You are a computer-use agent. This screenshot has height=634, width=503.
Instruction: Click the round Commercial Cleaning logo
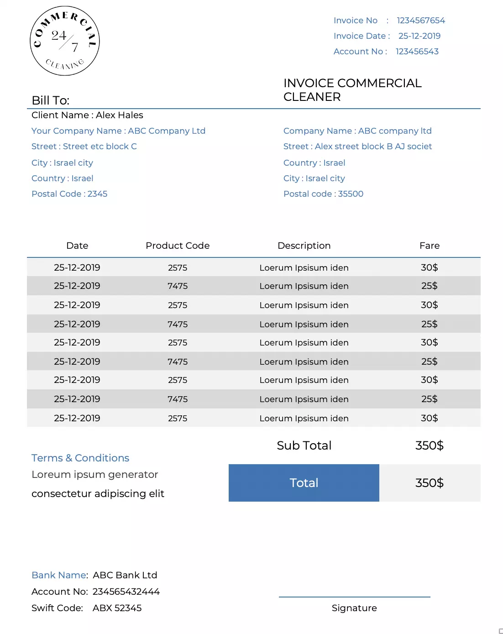(x=65, y=41)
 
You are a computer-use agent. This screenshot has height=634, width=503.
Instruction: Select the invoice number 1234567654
(x=420, y=21)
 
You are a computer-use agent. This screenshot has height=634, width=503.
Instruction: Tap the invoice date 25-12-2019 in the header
(x=419, y=36)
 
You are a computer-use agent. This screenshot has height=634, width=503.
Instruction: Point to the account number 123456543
(x=417, y=52)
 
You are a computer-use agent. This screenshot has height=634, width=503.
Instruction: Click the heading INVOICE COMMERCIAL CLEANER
(x=352, y=90)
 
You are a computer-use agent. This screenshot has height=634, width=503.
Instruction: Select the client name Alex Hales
(x=119, y=115)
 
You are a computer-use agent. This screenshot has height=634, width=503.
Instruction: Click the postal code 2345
(x=97, y=194)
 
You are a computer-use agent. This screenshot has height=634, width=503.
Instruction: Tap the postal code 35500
(x=351, y=194)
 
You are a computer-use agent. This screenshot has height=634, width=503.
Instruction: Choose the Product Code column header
(x=178, y=246)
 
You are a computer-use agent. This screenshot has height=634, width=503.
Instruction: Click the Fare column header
(x=429, y=246)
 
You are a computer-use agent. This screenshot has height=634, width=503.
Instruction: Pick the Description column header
(x=304, y=246)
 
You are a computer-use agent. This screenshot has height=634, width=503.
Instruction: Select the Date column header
(x=77, y=246)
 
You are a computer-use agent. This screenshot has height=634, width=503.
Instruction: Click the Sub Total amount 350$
(x=429, y=445)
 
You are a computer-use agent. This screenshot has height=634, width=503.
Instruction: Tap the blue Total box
(x=304, y=483)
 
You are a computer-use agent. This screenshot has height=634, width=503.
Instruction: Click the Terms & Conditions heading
(x=80, y=458)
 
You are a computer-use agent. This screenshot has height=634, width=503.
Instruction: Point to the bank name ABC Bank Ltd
(x=125, y=575)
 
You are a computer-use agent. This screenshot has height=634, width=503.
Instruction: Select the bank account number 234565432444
(x=126, y=592)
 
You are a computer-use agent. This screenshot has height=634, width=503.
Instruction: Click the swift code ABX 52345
(x=117, y=608)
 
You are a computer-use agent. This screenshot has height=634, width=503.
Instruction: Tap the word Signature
(x=354, y=608)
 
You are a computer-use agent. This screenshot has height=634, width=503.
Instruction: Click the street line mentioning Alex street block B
(x=357, y=147)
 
